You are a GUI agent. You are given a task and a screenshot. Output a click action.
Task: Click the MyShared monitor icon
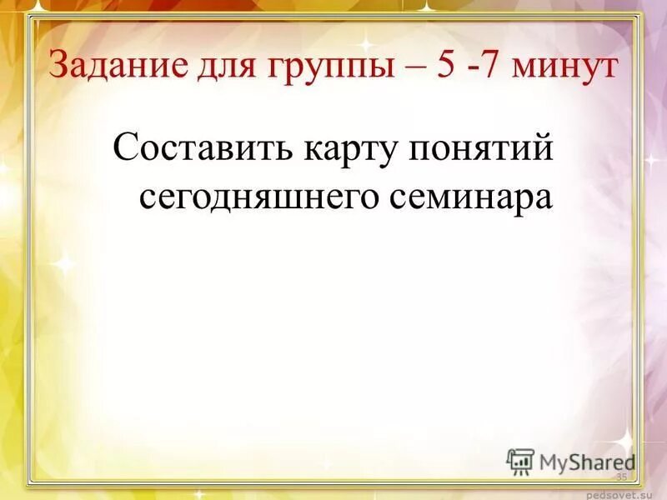tap(520, 461)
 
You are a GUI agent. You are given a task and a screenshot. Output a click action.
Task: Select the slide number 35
tap(621, 476)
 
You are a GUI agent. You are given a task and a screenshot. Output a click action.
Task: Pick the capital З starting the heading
tap(60, 65)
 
